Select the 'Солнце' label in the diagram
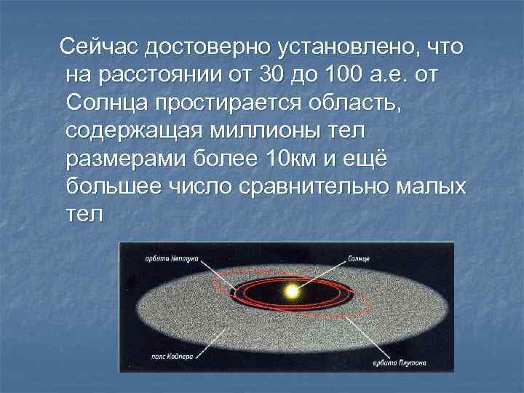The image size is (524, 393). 359,258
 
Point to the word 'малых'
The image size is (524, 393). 434,186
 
